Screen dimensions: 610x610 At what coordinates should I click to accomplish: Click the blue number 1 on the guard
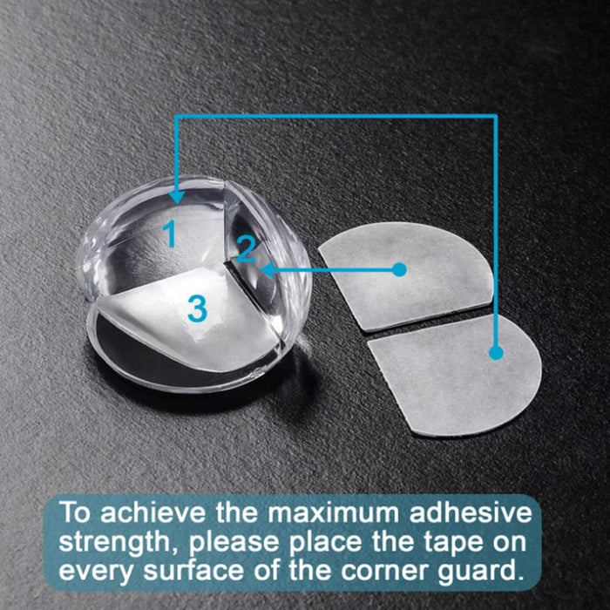click(170, 233)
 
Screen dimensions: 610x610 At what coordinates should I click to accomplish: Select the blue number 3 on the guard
click(197, 308)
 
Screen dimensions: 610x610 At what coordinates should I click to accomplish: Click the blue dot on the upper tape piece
click(399, 269)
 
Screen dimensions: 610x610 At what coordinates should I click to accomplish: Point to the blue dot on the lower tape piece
click(496, 352)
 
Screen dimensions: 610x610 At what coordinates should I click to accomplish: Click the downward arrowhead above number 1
click(177, 196)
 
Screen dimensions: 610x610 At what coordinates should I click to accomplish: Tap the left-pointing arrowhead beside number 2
click(269, 269)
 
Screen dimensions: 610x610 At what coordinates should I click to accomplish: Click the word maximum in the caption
click(334, 513)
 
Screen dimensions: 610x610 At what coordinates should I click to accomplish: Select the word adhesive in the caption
click(471, 512)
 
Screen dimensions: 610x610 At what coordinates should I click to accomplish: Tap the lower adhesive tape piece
click(455, 375)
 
